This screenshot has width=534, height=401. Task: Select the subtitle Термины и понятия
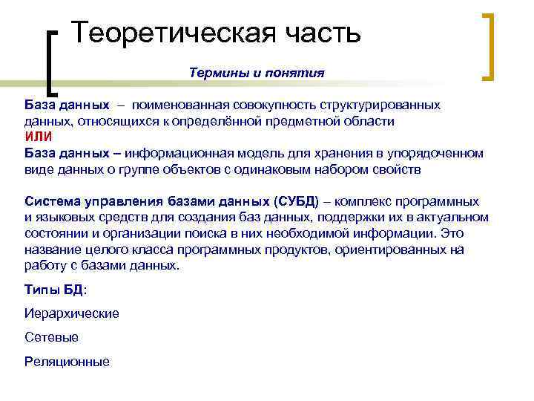pyautogui.click(x=257, y=73)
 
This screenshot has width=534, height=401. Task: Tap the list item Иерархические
pyautogui.click(x=71, y=313)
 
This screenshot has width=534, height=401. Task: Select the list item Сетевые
pyautogui.click(x=51, y=337)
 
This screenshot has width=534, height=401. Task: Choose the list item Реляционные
pyautogui.click(x=67, y=362)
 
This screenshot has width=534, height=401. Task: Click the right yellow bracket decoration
pyautogui.click(x=489, y=46)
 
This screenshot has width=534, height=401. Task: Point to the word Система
pyautogui.click(x=51, y=201)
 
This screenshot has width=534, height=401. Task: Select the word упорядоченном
pyautogui.click(x=434, y=153)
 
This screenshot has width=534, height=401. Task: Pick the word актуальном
pyautogui.click(x=455, y=218)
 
